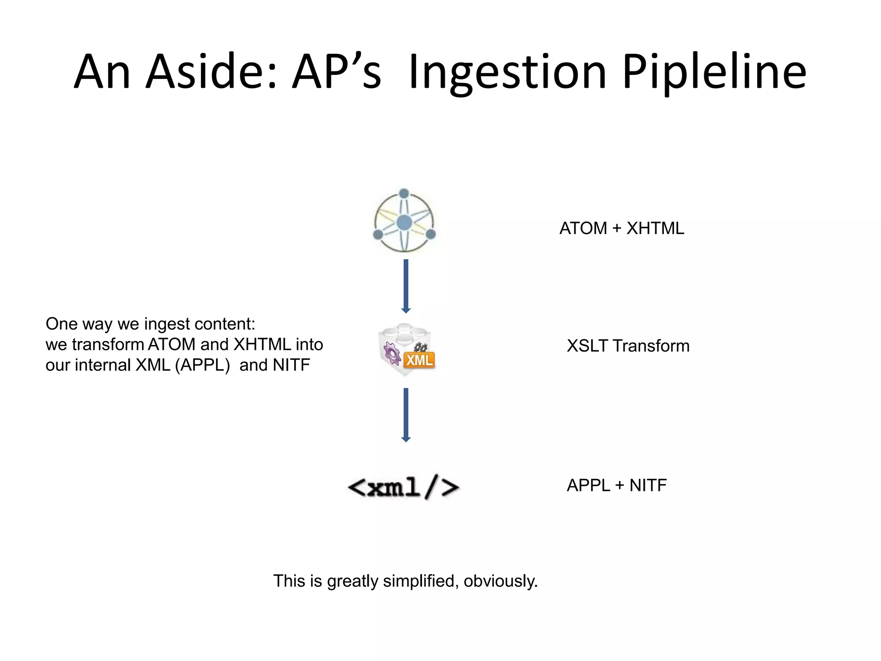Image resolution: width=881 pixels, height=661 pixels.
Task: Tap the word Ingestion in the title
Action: click(x=507, y=72)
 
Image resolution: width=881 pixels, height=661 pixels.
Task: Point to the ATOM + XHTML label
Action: click(x=621, y=229)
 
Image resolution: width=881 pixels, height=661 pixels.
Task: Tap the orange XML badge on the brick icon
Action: click(x=419, y=360)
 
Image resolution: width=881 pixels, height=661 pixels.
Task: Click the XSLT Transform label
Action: click(x=628, y=346)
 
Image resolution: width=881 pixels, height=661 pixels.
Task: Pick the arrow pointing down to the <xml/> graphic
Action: click(x=406, y=414)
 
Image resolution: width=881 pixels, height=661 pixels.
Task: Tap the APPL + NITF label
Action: click(x=616, y=485)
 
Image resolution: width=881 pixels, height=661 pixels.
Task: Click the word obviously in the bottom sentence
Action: click(x=500, y=581)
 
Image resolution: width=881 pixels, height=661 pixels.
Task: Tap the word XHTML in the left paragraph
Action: click(x=262, y=345)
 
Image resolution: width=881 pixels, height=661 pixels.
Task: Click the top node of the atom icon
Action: click(x=404, y=193)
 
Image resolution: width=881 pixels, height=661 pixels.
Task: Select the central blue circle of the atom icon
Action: click(x=404, y=223)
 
